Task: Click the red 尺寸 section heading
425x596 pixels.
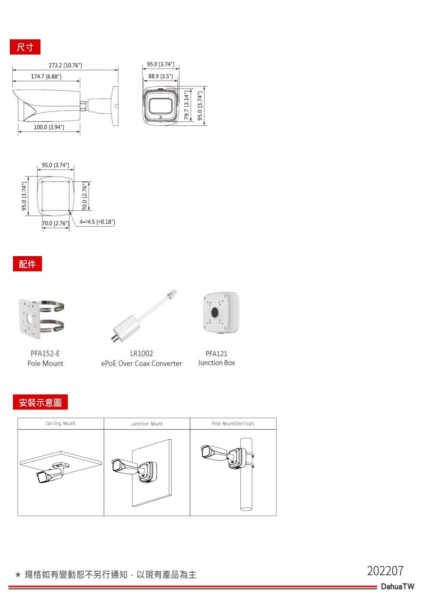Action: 25,47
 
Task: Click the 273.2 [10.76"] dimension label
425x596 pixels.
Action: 65,65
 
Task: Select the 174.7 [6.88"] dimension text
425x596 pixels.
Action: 46,76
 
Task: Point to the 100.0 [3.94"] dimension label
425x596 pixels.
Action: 49,127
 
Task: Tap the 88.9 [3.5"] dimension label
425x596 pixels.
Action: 161,76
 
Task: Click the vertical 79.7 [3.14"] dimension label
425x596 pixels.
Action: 187,105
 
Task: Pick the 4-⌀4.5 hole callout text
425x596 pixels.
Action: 97,222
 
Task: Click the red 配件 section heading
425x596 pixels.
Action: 27,264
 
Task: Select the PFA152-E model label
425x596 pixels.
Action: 45,353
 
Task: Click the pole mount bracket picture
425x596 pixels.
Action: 41,319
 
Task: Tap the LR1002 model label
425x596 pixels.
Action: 142,353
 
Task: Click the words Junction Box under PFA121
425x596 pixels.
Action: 216,363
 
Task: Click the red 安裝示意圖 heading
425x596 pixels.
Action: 40,402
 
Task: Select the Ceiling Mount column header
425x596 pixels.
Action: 61,423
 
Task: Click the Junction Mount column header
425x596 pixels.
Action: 147,424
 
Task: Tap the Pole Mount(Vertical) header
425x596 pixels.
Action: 233,423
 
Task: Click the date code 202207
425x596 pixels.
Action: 385,571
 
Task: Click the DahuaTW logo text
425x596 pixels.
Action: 398,586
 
